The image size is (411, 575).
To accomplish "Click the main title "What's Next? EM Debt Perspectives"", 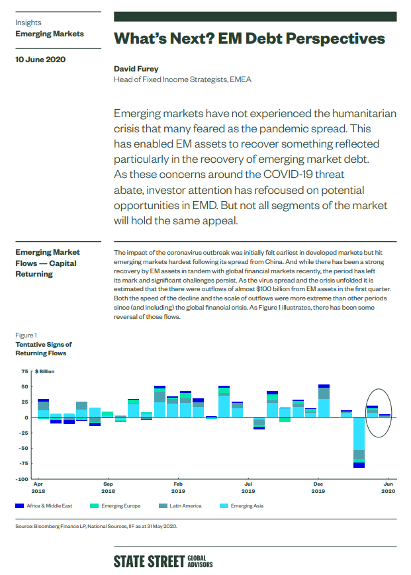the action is point(250,38).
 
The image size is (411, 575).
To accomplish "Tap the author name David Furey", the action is point(136,69).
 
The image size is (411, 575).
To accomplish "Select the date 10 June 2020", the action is point(40,60).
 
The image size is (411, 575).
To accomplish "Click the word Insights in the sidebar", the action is point(28,22).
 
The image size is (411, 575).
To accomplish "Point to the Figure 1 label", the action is point(26,335).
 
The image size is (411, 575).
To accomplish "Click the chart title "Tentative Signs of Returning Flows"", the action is point(43,349).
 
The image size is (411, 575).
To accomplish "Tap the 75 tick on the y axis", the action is point(24,371).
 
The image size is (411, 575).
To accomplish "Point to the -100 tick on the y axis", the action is point(22,479).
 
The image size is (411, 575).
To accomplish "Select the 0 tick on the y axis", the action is point(26,418).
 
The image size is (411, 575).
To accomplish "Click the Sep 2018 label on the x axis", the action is point(108,488).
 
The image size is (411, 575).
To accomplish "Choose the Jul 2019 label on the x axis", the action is point(248,488).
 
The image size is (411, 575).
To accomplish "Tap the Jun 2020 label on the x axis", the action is point(388,488).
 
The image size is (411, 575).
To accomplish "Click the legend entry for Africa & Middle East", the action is point(44,506).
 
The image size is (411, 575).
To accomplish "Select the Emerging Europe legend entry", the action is point(115,506).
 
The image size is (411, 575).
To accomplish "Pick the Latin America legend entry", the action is point(180,506).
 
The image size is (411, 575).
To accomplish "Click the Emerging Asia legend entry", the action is point(242,506).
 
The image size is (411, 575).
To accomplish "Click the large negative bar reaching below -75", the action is point(359,443).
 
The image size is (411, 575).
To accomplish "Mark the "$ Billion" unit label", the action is point(45,371).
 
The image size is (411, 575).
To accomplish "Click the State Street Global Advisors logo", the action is point(163,561).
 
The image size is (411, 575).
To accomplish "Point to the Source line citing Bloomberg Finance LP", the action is point(96,526).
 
